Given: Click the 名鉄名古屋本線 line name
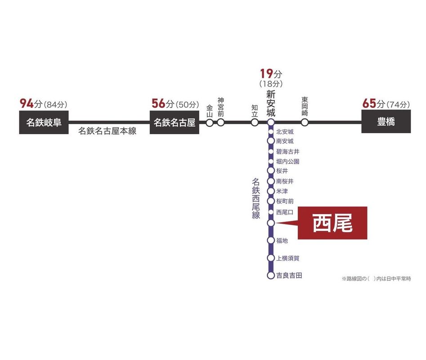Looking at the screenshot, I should tap(108, 131).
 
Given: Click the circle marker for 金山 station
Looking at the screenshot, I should tap(210, 122).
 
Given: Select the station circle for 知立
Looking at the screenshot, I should tap(255, 122).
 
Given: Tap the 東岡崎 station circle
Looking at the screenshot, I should tap(305, 122).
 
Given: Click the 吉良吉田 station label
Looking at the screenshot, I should tap(289, 275).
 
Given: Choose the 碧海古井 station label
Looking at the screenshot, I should tap(288, 151).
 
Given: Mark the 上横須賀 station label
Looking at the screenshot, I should tap(288, 258).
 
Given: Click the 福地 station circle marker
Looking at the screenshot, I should tap(271, 241).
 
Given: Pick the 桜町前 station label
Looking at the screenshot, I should tap(285, 201).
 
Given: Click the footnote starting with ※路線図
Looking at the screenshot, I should tap(376, 279).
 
